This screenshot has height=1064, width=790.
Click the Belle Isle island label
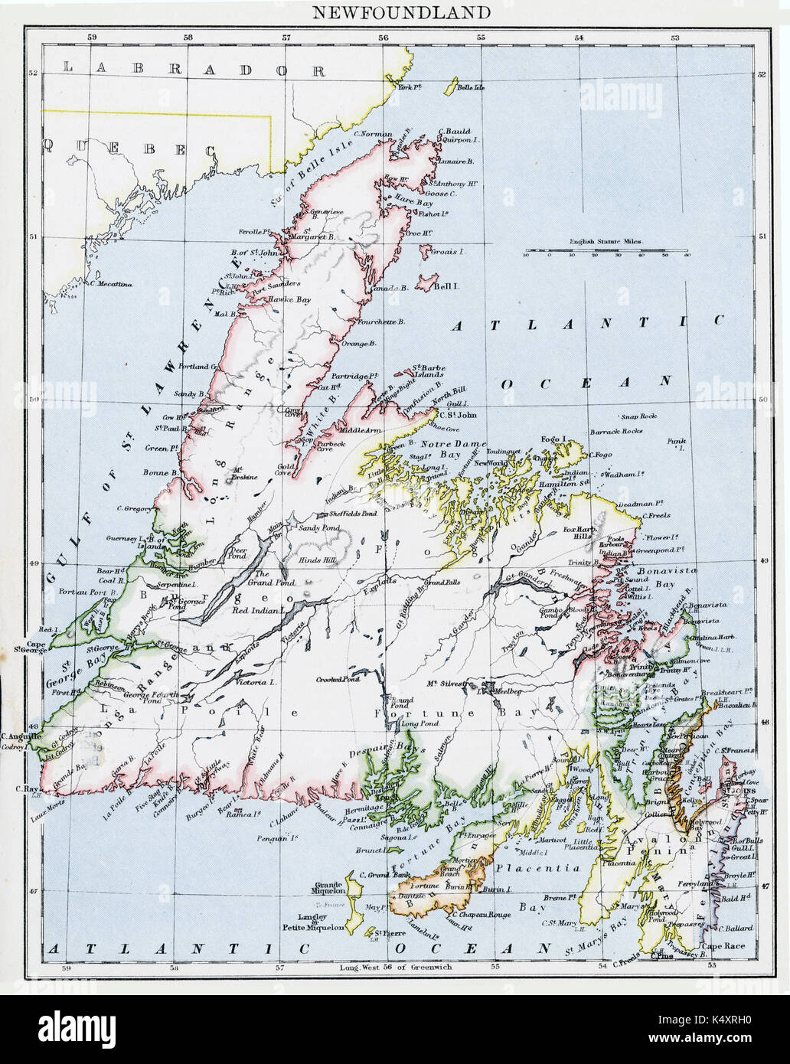[x=470, y=88]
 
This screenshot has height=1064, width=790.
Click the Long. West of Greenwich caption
[x=395, y=967]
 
